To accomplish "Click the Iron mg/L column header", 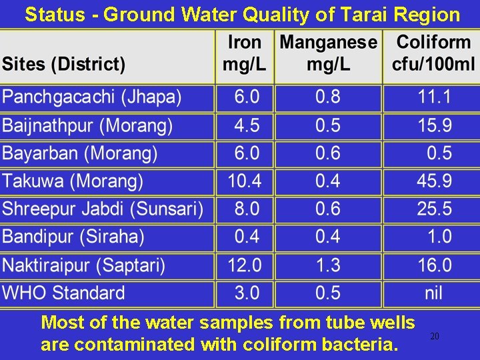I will coord(244,53).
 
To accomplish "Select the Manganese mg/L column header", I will coord(328,53).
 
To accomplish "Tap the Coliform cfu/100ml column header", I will coord(433,53).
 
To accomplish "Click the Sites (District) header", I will coord(63,65).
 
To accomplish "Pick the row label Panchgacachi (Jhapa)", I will coord(91,97).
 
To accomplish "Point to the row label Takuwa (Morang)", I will coord(73,181).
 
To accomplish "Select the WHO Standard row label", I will coord(63,293).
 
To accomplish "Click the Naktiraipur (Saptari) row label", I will coord(84,265).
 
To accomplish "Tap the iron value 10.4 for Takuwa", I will coord(245,181).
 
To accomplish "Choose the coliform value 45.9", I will coord(434,181).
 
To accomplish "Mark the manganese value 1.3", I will coord(327,265).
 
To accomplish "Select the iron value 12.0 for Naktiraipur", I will coord(245,265).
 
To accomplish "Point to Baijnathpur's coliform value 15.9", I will coord(434,125).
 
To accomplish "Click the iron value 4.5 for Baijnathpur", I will coord(247,125).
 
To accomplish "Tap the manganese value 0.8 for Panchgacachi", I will coord(327,97).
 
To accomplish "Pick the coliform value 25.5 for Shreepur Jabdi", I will coord(434,209).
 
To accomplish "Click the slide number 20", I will coord(434,337).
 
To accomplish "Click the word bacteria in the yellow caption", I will coord(361,345).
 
